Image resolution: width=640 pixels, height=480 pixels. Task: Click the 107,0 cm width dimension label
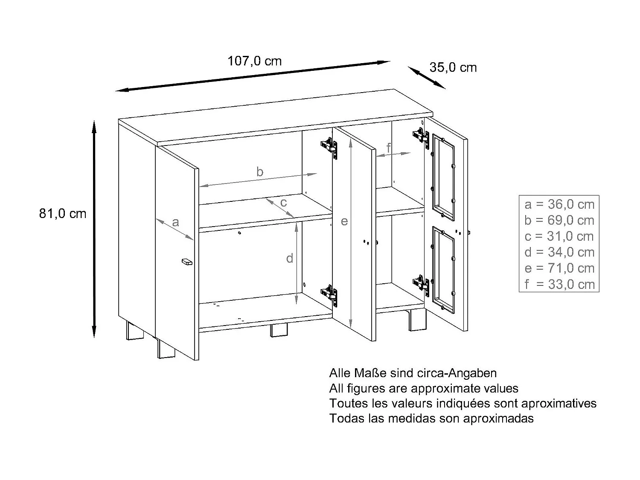254,61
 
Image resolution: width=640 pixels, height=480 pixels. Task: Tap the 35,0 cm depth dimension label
453,67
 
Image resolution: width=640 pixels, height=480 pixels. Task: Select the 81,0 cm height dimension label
63,213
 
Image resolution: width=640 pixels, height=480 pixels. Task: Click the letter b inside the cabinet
260,172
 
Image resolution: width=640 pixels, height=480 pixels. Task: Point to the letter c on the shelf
283,202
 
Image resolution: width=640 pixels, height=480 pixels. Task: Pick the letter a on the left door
175,222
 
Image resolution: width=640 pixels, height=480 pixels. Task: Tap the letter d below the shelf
290,258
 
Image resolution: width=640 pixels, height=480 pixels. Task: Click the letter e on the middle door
344,221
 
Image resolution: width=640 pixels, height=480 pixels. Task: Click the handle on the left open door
187,262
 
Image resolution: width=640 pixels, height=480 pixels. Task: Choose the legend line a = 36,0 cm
559,204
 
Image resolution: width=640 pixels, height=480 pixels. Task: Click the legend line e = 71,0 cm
559,268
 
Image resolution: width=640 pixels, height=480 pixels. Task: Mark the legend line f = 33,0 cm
559,284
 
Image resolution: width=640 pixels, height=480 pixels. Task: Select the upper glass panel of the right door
443,173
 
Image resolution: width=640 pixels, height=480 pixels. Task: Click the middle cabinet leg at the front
279,331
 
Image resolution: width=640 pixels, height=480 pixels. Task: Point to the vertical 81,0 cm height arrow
94,228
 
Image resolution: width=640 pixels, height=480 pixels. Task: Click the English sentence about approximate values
423,388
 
